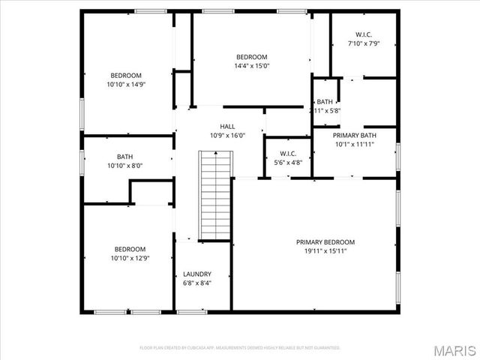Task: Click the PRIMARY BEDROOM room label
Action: [x=325, y=242]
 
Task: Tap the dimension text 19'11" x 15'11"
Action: [x=325, y=252]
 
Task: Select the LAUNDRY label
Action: [x=197, y=274]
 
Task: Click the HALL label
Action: [x=227, y=126]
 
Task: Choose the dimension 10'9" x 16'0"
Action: [x=227, y=135]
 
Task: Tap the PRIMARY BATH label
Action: [x=355, y=135]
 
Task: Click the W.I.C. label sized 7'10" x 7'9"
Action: [x=364, y=34]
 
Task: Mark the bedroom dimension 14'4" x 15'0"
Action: [x=251, y=66]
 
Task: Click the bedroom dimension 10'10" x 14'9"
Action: [x=126, y=85]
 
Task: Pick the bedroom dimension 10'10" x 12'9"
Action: [x=130, y=259]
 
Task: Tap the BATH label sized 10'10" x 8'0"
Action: [x=124, y=157]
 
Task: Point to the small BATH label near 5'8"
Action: [x=325, y=102]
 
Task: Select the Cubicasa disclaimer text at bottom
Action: [x=240, y=348]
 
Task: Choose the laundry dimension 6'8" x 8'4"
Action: [x=197, y=283]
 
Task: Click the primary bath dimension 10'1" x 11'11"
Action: [x=355, y=144]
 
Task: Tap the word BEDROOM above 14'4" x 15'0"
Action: [x=251, y=57]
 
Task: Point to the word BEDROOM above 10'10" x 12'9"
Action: [x=130, y=249]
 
